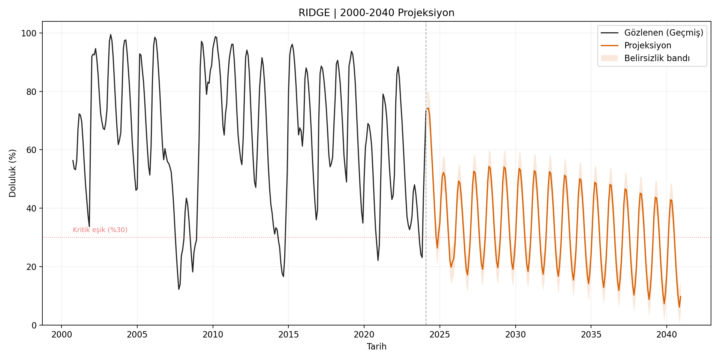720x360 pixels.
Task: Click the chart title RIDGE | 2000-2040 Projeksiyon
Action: (376, 13)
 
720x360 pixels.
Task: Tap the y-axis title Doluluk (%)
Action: (13, 173)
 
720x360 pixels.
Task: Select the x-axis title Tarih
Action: (376, 346)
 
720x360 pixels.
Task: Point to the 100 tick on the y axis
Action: (29, 33)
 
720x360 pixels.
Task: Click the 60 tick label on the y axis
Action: (31, 150)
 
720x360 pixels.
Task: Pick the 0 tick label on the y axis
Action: (34, 325)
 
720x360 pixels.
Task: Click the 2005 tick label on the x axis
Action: (137, 334)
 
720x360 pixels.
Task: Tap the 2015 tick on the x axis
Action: (288, 334)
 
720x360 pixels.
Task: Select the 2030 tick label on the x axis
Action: (515, 334)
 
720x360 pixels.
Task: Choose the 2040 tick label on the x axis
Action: (666, 334)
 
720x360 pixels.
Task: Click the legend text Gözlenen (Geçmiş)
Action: (663, 33)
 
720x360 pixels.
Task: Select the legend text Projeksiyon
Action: (648, 45)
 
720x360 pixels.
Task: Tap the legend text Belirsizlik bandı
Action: (657, 58)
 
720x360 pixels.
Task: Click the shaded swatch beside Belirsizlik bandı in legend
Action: (609, 58)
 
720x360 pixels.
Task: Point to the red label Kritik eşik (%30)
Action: (100, 230)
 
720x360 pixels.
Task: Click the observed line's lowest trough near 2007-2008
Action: (179, 289)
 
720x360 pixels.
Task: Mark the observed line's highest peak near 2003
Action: (111, 34)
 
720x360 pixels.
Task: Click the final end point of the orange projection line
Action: (680, 297)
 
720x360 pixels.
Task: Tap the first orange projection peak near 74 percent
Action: (428, 108)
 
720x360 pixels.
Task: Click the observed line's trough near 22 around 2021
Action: (378, 260)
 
